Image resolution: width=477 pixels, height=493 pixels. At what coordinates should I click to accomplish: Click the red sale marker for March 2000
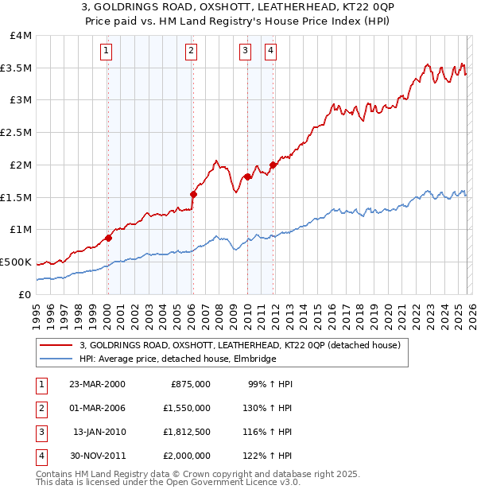point(108,237)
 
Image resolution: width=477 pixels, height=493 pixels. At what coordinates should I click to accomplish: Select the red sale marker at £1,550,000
point(192,193)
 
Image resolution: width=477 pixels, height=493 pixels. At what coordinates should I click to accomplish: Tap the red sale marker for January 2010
point(247,177)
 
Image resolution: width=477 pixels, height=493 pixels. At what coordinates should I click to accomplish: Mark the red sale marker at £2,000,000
point(273,165)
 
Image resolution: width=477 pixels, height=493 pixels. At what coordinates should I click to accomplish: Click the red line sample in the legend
point(56,345)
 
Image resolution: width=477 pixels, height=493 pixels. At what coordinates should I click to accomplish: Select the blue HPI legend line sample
point(56,359)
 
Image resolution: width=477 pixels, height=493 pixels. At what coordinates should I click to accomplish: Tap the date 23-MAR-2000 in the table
point(97,384)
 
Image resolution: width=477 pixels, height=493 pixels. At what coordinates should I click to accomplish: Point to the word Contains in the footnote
point(56,474)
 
